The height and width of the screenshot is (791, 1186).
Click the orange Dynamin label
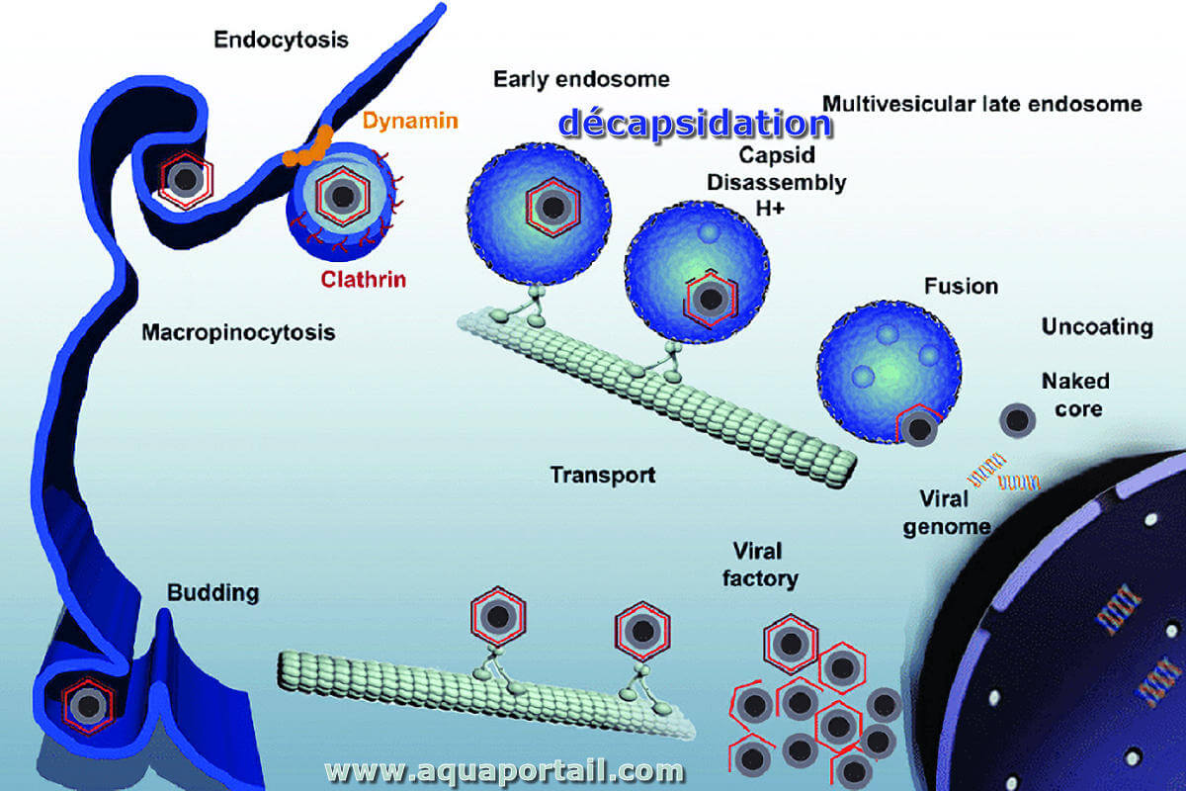tap(410, 121)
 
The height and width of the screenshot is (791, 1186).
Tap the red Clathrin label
tap(364, 279)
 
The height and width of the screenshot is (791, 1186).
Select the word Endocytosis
tap(281, 41)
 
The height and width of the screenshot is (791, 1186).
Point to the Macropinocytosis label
tap(238, 333)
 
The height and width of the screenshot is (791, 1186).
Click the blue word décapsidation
tap(695, 124)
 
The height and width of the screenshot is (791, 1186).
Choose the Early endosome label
tap(581, 79)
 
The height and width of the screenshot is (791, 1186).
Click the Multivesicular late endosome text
tap(981, 104)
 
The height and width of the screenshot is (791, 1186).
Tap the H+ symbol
tap(769, 209)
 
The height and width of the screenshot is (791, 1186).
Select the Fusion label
tap(961, 286)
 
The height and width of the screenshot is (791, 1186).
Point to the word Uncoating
tap(1097, 327)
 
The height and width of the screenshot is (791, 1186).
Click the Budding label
tap(212, 593)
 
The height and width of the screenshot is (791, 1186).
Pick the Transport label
tap(603, 475)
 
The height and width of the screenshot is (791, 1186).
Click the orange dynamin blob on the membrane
tap(308, 146)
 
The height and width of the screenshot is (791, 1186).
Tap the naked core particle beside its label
tap(1017, 420)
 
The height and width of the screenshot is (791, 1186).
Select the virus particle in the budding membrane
tap(88, 705)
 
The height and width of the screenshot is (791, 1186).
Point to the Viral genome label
tap(947, 513)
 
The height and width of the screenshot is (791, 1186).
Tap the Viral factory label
tap(760, 565)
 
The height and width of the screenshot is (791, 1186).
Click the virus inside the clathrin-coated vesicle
tap(343, 197)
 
